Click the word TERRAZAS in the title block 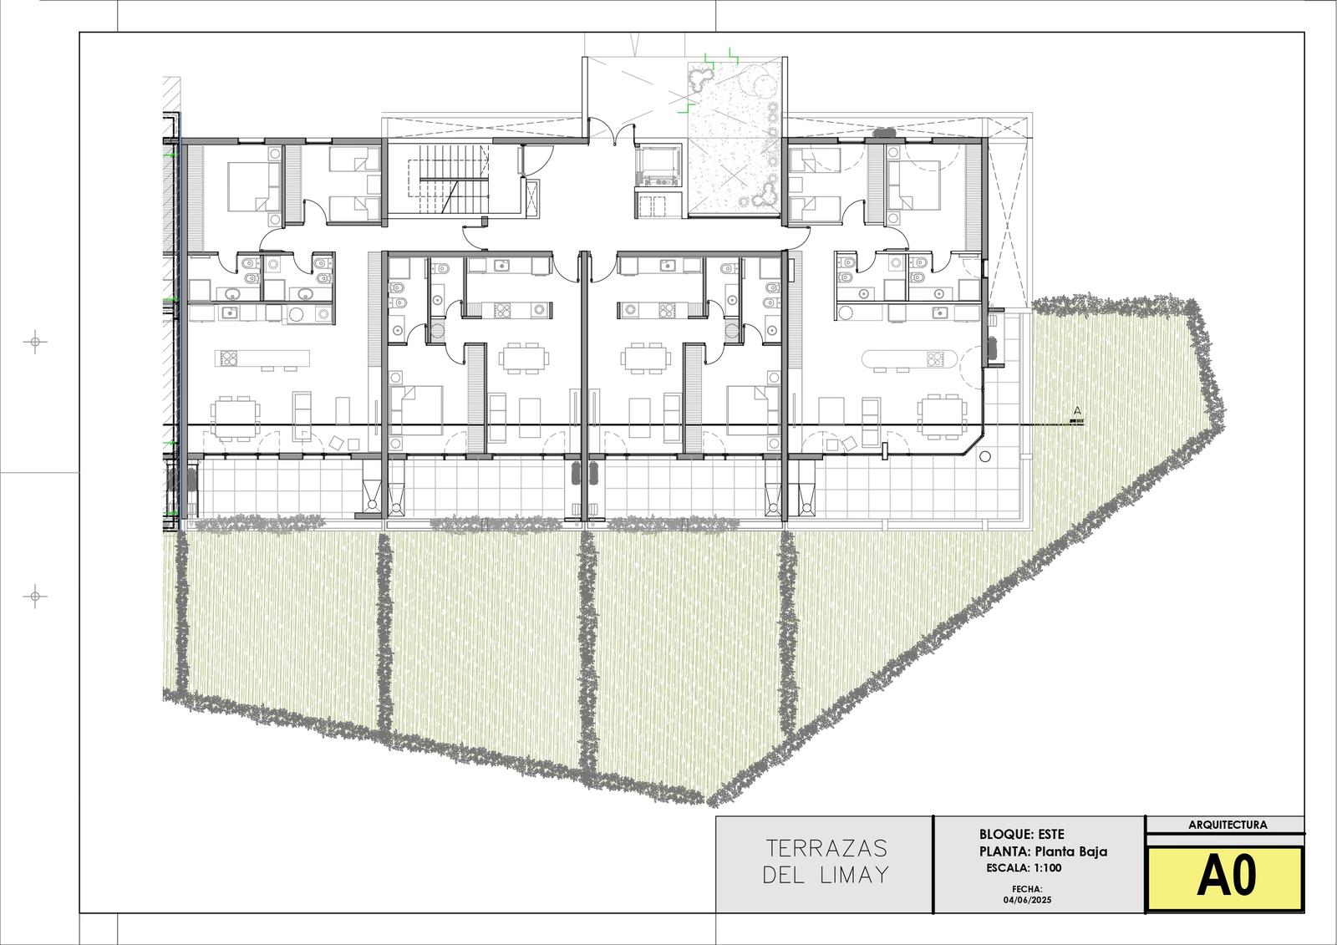[826, 848]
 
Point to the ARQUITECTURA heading [1228, 825]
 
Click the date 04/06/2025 [1027, 900]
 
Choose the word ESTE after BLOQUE [1051, 834]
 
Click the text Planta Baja [1070, 851]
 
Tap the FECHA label [1027, 890]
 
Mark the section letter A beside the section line [1077, 411]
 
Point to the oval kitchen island [909, 358]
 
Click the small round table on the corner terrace [985, 457]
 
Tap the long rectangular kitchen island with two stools [262, 358]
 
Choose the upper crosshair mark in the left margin [35, 342]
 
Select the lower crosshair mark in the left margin [35, 597]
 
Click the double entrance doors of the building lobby [617, 132]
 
